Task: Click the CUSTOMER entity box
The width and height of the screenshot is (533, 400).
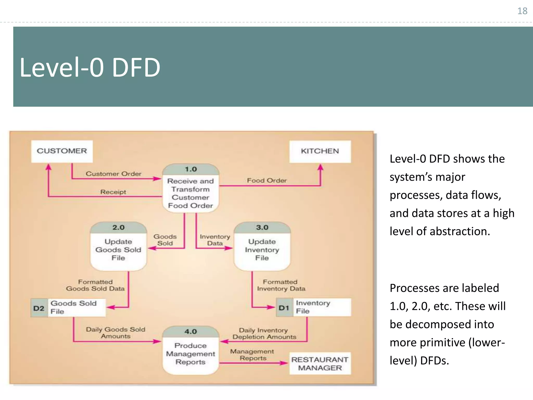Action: tap(62, 151)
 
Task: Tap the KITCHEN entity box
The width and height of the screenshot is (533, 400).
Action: tap(320, 151)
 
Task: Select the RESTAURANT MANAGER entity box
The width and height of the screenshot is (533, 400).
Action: tap(320, 364)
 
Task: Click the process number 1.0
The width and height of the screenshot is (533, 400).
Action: tap(191, 169)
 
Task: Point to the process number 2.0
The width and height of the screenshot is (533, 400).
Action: tap(118, 227)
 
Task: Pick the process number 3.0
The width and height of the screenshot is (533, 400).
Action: tap(262, 227)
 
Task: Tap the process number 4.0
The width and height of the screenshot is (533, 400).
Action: tap(191, 332)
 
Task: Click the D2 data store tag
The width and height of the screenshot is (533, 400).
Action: tap(39, 308)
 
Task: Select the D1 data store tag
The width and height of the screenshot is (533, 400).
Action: tap(284, 308)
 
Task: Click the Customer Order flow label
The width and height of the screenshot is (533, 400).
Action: tap(113, 174)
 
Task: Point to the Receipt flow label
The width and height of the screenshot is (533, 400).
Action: tap(113, 192)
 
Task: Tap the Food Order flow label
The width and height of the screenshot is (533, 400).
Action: tap(267, 180)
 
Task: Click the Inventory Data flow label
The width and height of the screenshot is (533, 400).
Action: tap(215, 240)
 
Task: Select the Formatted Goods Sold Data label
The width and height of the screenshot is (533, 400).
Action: tap(95, 285)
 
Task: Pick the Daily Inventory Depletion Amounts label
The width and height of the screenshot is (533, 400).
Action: tap(264, 334)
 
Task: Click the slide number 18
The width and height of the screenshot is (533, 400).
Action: tap(522, 11)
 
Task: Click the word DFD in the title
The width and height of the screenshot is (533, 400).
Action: tap(136, 68)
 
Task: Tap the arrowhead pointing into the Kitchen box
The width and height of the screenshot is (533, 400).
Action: tap(321, 167)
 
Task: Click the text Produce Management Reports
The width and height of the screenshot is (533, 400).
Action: tap(191, 354)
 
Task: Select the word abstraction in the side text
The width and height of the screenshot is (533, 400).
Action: tap(460, 231)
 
